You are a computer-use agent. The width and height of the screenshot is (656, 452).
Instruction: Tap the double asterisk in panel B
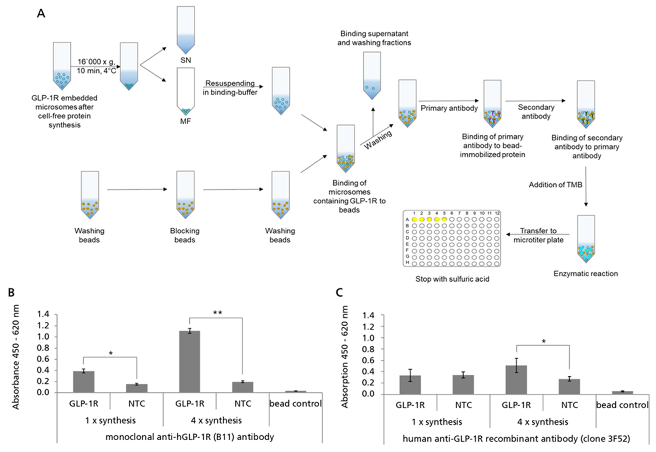[218, 313]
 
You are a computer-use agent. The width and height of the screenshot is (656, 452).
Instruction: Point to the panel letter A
[41, 13]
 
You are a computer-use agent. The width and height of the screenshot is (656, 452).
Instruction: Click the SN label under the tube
[186, 60]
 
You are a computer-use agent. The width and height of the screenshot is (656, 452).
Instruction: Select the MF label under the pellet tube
[186, 121]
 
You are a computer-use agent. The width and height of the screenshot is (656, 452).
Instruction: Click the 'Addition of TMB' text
[555, 185]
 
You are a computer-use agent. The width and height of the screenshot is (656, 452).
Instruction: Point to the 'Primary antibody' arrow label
[449, 108]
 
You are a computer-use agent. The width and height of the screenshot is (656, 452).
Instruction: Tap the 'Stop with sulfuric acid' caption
[452, 279]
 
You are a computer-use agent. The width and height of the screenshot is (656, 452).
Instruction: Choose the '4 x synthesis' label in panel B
[216, 420]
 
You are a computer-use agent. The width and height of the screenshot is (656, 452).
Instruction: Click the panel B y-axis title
[16, 357]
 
